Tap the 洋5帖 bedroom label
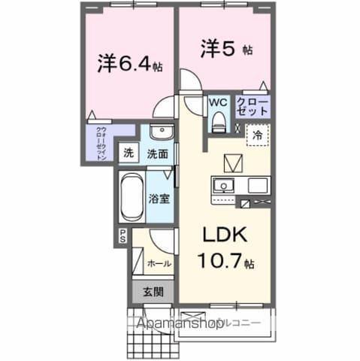click(226, 50)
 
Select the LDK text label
click(222, 235)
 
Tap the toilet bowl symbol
click(219, 119)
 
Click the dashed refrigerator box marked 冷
click(258, 136)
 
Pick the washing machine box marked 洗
click(129, 153)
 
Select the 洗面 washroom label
click(157, 153)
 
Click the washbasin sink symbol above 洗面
click(159, 133)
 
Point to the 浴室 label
click(158, 199)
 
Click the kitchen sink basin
click(224, 186)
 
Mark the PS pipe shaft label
click(123, 238)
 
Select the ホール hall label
click(158, 264)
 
